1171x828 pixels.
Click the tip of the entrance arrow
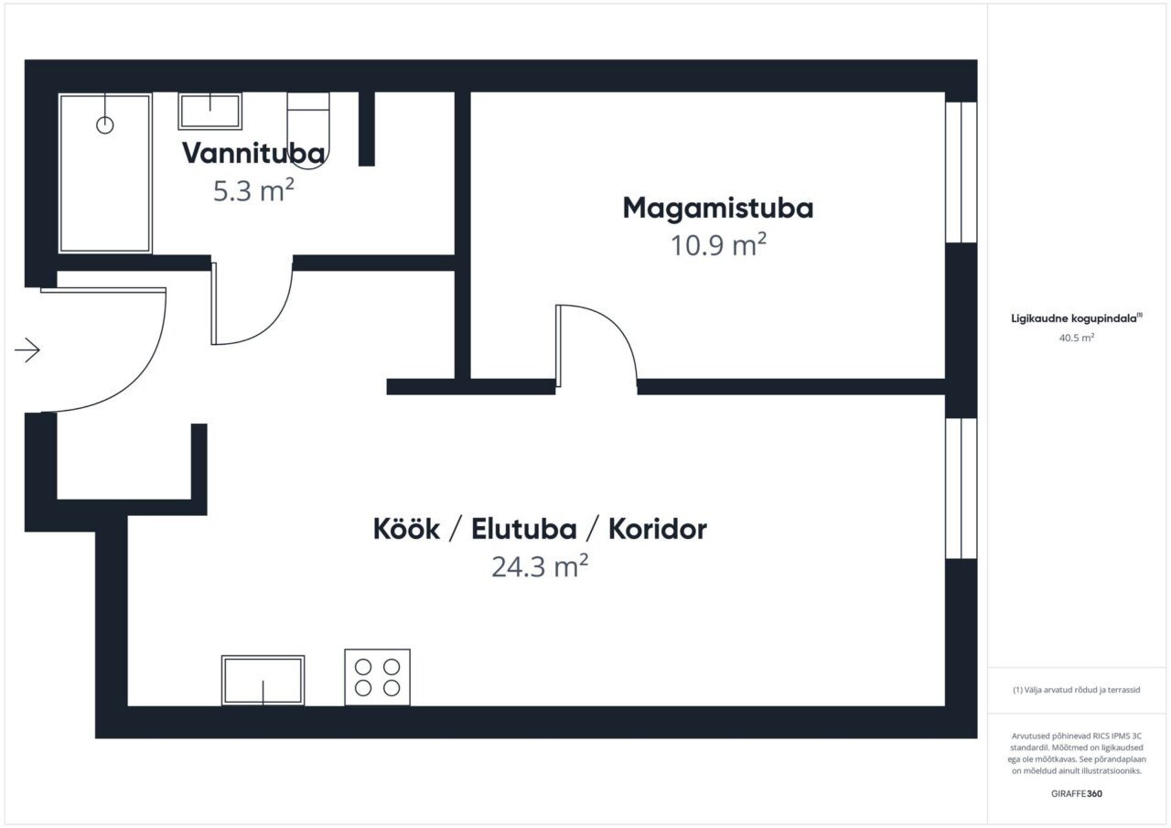[40, 350]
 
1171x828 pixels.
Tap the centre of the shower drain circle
[105, 125]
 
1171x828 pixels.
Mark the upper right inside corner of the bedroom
[945, 92]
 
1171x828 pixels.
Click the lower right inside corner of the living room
[945, 705]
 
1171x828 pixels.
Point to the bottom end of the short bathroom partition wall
[367, 166]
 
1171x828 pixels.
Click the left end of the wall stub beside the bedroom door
[387, 387]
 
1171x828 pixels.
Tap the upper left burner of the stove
[363, 667]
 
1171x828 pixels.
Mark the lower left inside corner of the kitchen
[128, 705]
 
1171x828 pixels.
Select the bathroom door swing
[252, 303]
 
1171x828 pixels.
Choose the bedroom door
[596, 346]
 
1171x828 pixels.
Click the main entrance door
[103, 350]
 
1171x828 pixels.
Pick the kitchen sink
[263, 680]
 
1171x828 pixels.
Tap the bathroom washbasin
[210, 112]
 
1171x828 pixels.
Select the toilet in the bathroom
[308, 131]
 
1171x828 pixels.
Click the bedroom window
[962, 173]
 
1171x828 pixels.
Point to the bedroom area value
[718, 245]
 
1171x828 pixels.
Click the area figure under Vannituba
[253, 190]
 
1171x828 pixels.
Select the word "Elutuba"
[524, 529]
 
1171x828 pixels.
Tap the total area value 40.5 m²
[1077, 338]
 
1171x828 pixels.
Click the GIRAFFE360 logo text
[1077, 793]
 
